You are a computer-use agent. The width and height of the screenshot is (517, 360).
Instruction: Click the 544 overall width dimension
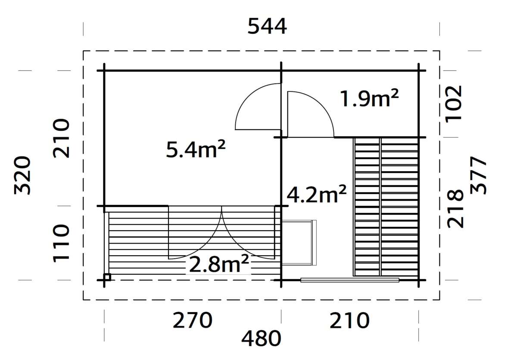(267, 27)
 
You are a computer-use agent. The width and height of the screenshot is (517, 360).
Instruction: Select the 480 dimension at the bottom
(261, 339)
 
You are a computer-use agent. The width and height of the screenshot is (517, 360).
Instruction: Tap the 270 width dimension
(193, 321)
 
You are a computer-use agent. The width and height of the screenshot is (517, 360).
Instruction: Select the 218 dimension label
(455, 208)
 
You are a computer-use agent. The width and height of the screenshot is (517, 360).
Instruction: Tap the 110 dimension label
(61, 243)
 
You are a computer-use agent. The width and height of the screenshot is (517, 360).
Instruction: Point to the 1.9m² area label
(369, 99)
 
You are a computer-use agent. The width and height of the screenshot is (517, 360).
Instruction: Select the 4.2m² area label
(317, 195)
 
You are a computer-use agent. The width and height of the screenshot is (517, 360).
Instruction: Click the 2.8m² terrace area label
(218, 265)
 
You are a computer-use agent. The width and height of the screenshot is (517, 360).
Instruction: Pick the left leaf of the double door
(195, 233)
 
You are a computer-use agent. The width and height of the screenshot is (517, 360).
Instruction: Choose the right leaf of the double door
(249, 233)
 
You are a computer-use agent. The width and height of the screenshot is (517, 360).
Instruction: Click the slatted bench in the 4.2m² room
(386, 207)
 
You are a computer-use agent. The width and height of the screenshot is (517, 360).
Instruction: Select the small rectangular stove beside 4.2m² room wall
(299, 242)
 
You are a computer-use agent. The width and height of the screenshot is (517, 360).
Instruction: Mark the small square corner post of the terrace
(107, 277)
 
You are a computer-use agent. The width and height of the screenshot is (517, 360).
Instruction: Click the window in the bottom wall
(350, 280)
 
